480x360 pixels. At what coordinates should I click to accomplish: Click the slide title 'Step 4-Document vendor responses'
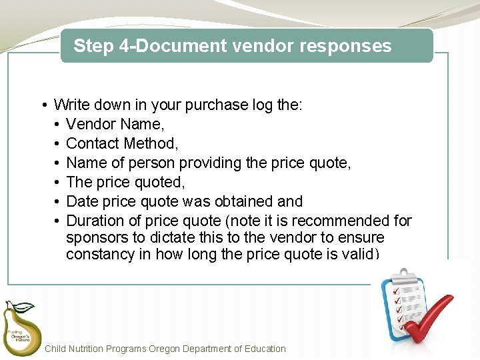[x=232, y=46]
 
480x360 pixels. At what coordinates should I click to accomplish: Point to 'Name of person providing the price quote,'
[x=209, y=163]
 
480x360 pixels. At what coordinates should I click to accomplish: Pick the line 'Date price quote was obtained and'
[x=185, y=201]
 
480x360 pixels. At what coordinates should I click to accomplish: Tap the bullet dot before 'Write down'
[x=43, y=105]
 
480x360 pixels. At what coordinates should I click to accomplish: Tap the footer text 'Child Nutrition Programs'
[x=95, y=349]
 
